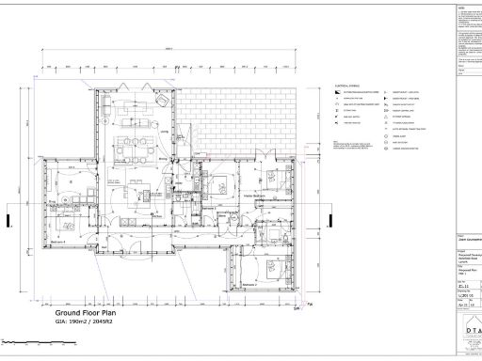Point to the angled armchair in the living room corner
(161, 101)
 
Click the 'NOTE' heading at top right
(458, 6)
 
